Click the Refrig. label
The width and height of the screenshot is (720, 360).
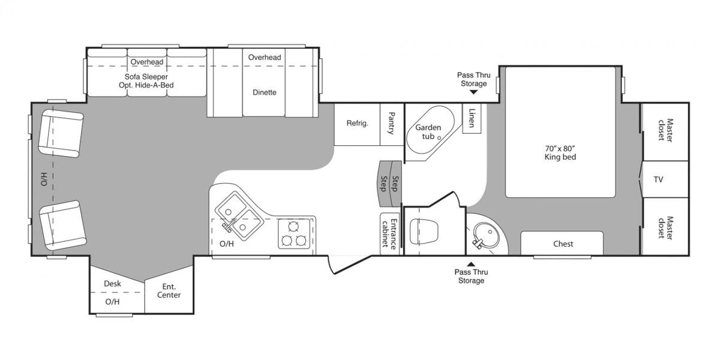(357, 124)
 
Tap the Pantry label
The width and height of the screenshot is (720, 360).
(391, 123)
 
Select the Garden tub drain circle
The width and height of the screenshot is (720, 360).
(439, 138)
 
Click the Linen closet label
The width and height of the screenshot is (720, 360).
(472, 118)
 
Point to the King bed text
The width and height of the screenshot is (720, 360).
(560, 157)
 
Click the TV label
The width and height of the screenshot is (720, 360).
(658, 179)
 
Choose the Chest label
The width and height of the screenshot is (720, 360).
(563, 244)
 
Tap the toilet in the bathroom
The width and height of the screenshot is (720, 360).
(424, 231)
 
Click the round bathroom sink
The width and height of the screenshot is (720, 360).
(487, 235)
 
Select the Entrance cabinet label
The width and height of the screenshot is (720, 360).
(389, 235)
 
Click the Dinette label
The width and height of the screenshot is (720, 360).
(264, 92)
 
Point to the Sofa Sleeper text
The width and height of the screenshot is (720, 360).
(146, 77)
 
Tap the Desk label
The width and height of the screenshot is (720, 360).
(113, 283)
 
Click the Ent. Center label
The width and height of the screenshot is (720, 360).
(169, 290)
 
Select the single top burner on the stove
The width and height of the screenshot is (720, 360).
(293, 227)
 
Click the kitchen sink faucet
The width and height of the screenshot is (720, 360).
(227, 227)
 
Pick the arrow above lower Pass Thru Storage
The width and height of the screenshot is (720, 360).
(471, 264)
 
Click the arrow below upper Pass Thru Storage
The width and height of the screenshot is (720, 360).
(473, 92)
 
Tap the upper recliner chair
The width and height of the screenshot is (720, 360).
(61, 133)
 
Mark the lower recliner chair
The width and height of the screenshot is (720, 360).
(62, 226)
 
